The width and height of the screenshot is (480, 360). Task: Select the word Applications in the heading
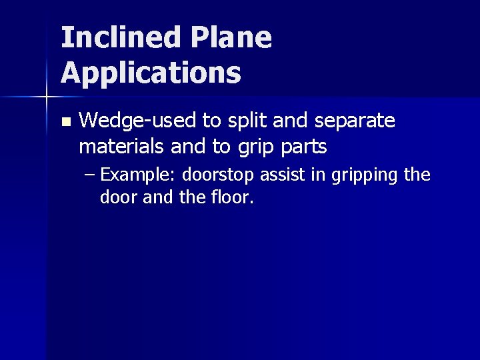coord(151,73)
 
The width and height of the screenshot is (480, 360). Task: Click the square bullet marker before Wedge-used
coord(65,122)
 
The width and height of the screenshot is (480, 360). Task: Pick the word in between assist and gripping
coord(314,175)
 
